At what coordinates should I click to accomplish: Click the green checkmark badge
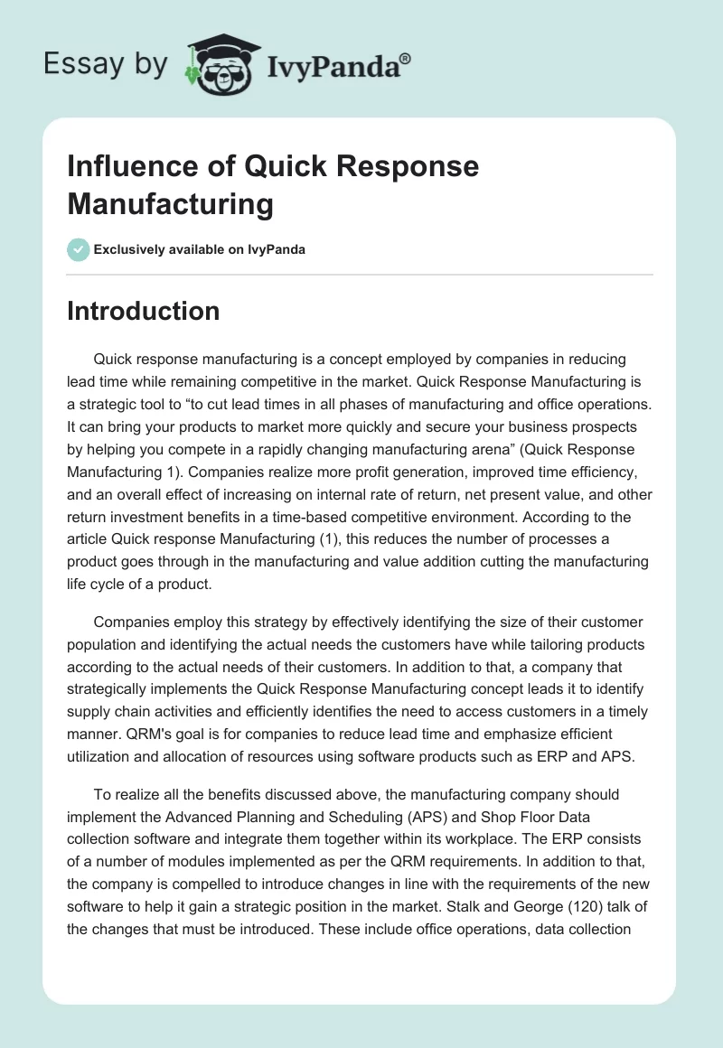pos(79,249)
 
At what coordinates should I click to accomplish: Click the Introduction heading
pos(143,311)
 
